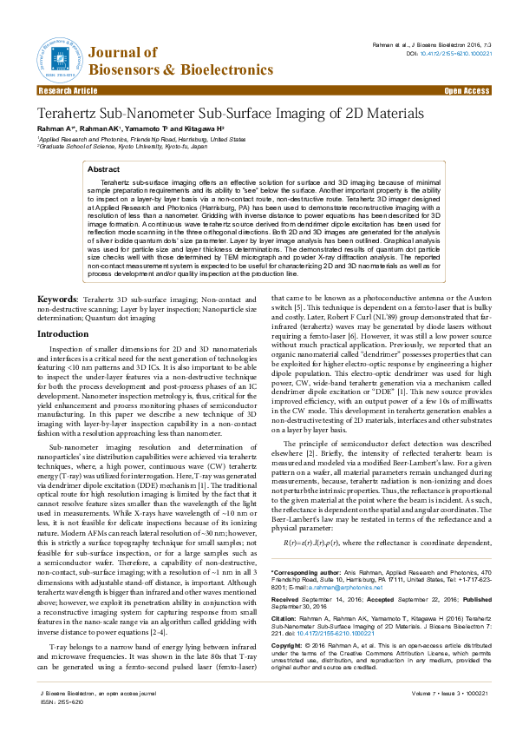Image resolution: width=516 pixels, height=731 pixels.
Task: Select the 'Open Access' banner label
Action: (x=467, y=90)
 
